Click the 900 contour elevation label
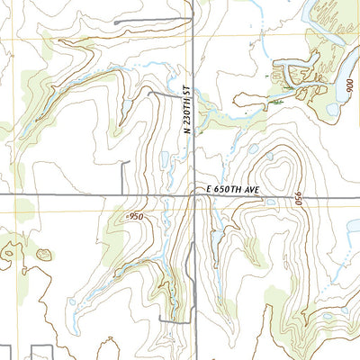coord(349,91)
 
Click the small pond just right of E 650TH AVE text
coord(269,202)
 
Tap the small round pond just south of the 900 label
coord(333,110)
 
